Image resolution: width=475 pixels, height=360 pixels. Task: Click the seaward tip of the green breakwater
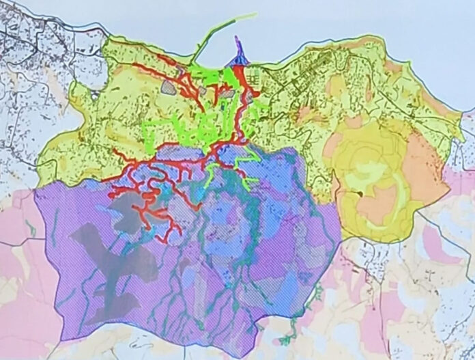tap(256, 14)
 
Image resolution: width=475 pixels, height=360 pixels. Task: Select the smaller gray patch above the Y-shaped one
tap(136, 205)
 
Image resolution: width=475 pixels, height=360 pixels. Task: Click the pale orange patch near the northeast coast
tap(338, 85)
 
